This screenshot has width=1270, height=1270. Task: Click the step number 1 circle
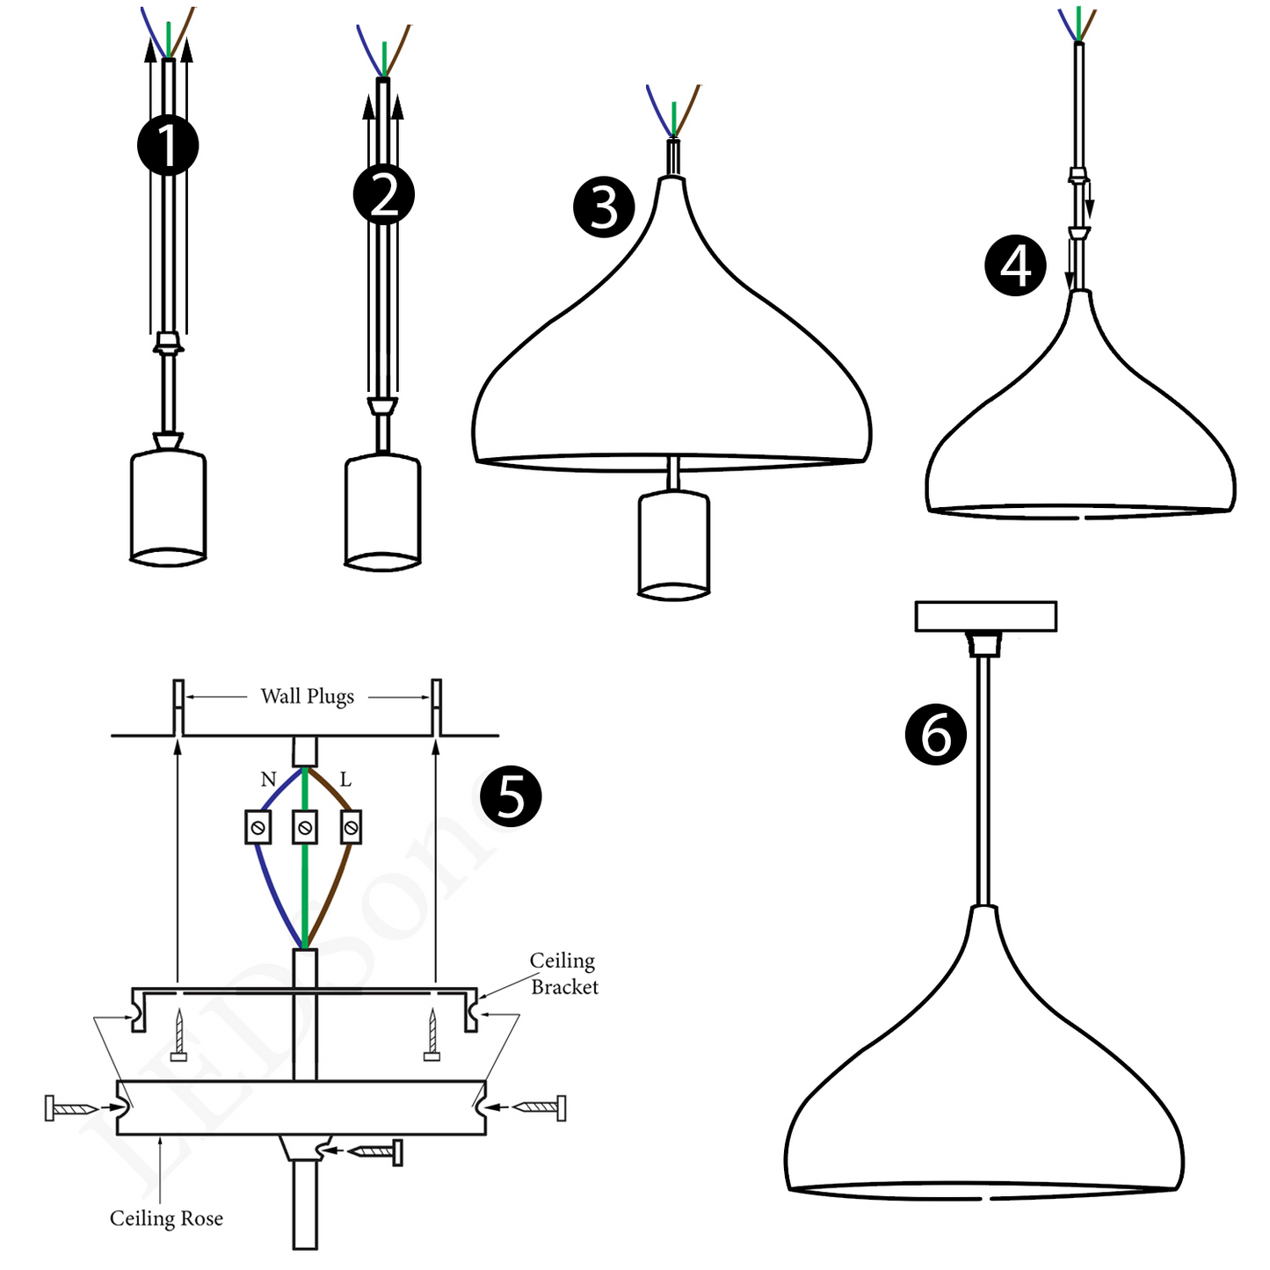point(168,145)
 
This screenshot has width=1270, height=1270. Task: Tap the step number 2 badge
point(384,194)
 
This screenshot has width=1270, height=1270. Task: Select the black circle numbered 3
point(604,207)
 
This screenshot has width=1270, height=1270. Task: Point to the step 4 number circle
point(1015,265)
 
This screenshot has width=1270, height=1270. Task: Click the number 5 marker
point(511,796)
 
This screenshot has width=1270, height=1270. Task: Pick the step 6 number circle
point(936,734)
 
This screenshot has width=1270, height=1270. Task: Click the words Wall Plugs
point(308,697)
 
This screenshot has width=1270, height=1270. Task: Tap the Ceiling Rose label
point(166,1218)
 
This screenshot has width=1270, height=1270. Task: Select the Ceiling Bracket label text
point(563,974)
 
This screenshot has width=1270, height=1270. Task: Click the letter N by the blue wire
point(268,779)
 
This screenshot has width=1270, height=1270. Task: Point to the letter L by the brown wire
point(345,779)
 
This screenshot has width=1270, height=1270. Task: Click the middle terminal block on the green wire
point(305,827)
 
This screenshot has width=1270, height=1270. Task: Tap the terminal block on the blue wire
point(258,827)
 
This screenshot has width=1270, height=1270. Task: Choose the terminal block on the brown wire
point(352,827)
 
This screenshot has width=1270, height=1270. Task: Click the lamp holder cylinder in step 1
point(168,505)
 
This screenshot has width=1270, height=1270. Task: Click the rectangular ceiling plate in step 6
point(985,616)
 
